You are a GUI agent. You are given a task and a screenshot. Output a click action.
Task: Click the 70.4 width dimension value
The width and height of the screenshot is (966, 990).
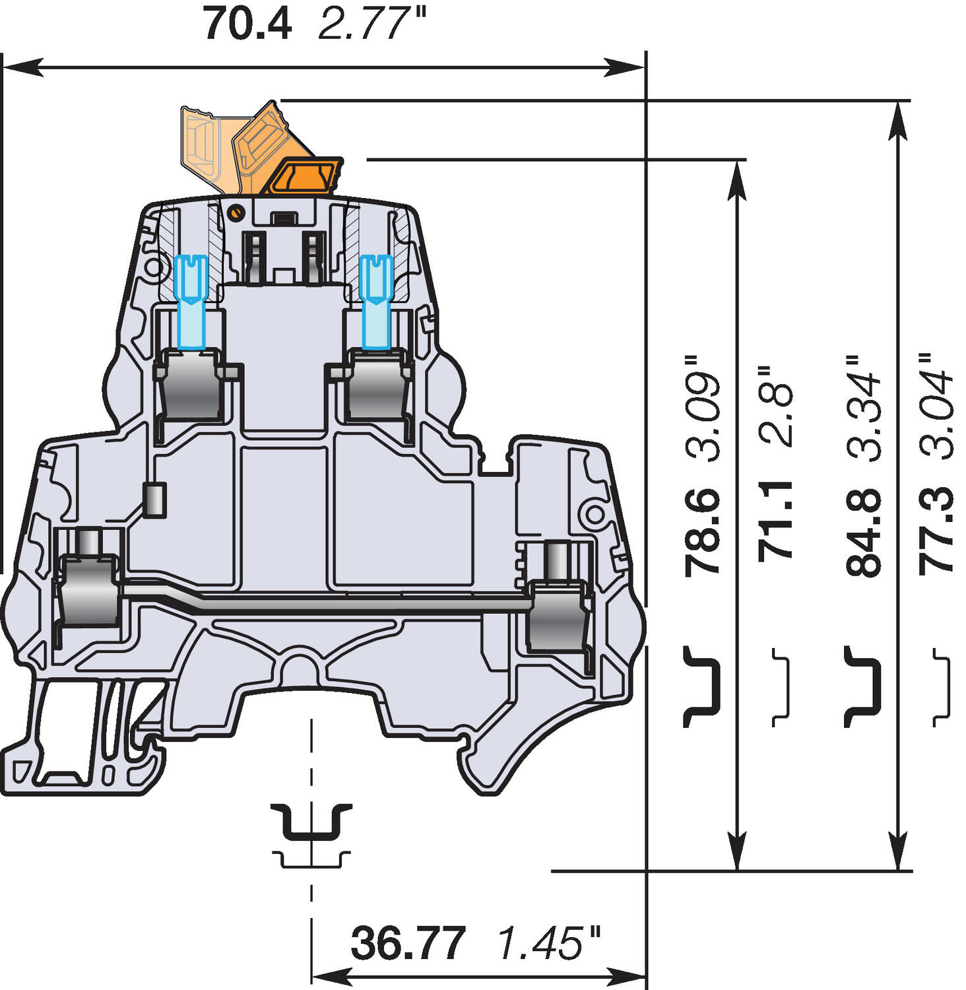(x=247, y=24)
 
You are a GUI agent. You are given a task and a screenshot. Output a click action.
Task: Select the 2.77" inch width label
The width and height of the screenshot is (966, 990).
(x=372, y=24)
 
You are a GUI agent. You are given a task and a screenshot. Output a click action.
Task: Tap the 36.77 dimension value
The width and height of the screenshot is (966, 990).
(x=408, y=943)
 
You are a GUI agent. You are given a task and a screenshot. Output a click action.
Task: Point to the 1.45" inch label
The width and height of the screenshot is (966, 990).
(x=549, y=943)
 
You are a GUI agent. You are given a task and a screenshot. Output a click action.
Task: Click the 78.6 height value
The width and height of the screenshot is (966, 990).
(x=702, y=533)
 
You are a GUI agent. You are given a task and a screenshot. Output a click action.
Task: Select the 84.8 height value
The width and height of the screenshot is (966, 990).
(x=864, y=533)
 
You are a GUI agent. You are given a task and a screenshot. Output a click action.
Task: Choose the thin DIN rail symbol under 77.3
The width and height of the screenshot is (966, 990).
(x=943, y=687)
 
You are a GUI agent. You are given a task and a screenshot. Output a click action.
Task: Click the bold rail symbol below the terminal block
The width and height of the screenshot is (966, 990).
(x=311, y=821)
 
